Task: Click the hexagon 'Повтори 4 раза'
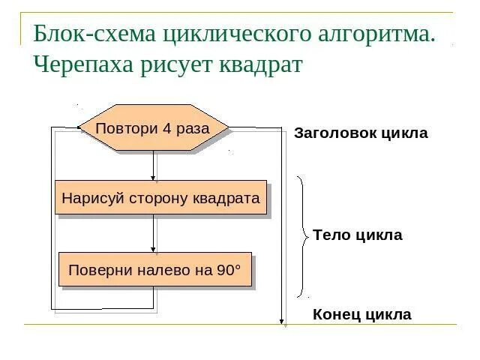(153, 128)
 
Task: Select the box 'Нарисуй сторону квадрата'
(160, 198)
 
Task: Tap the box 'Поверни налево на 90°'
(154, 270)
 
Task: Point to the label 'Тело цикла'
(357, 235)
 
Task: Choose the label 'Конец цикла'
(361, 314)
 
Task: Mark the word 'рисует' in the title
(175, 64)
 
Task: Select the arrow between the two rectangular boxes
(154, 235)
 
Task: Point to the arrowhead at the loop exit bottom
(283, 322)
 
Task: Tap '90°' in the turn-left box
(229, 270)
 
